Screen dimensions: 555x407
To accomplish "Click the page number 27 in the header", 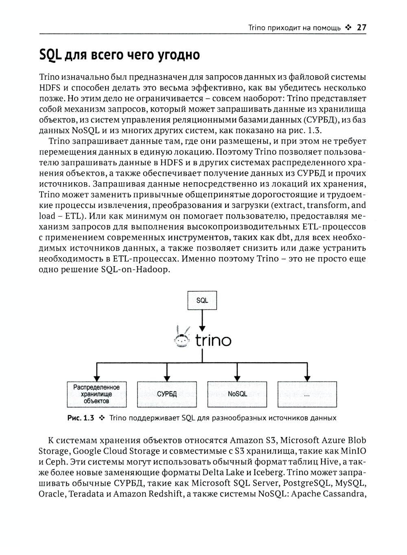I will tap(362, 28).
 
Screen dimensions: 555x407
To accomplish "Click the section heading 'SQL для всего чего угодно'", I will tap(119, 55).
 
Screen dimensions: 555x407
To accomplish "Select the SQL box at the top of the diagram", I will tap(202, 301).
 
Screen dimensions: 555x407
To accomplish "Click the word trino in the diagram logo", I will tap(213, 340).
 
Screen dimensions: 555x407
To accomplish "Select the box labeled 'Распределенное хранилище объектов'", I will tap(96, 394).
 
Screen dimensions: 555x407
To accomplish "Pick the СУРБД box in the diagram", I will tap(167, 394).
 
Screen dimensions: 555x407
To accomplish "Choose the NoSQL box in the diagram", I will tap(237, 394).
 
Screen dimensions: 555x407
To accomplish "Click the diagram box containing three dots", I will tap(307, 394).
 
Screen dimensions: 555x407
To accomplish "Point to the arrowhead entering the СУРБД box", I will tap(167, 378).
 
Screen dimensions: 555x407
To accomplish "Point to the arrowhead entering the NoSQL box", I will tap(237, 378).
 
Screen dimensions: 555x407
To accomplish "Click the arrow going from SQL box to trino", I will tap(202, 320).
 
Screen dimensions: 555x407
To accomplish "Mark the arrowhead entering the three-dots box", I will tap(307, 378).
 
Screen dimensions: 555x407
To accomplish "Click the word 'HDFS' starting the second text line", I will tap(48, 88).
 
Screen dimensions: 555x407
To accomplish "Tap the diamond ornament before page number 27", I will tap(348, 28).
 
